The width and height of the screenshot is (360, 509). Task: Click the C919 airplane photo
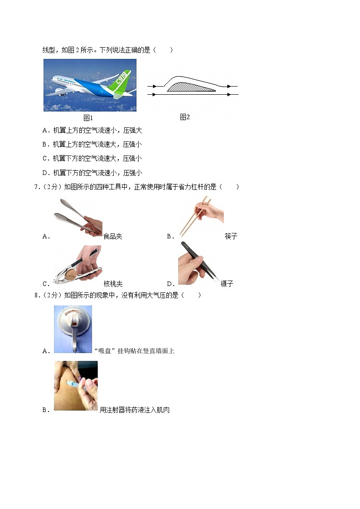90,85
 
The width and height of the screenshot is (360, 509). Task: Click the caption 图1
88,118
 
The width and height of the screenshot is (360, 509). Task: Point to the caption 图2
185,117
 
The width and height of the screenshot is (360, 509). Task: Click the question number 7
36,187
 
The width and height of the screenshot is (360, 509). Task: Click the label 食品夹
113,236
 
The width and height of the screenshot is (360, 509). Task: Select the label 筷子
231,236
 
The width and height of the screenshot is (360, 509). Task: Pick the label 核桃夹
113,284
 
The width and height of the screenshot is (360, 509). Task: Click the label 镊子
227,284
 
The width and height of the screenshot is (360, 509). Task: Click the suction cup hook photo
73,329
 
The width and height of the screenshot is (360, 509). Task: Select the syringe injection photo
76,386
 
